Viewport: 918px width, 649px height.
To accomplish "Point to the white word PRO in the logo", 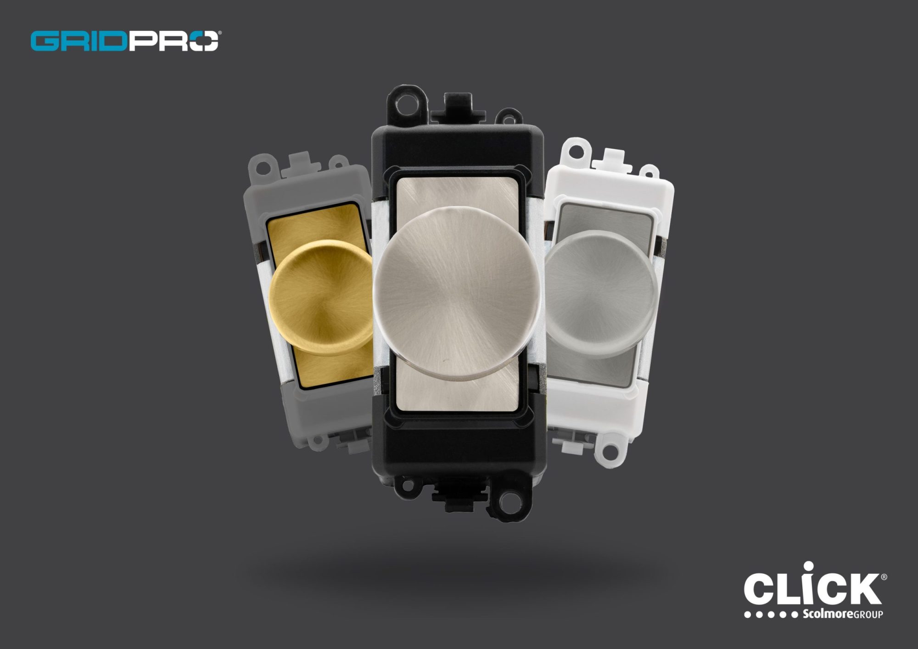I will click(x=172, y=41).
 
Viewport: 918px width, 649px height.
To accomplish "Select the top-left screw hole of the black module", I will click(x=403, y=101).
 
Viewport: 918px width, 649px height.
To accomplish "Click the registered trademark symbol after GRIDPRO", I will click(x=219, y=34).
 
